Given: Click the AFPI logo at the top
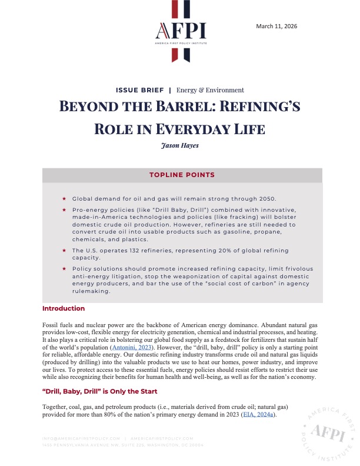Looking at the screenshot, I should tap(179, 31).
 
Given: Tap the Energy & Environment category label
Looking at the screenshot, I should tap(210, 90).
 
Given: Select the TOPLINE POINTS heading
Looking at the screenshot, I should tap(182, 175).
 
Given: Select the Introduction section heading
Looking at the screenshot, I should tap(64, 308).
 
